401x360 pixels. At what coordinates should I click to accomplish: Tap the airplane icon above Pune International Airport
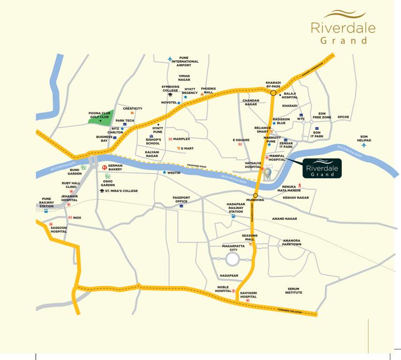tap(170, 59)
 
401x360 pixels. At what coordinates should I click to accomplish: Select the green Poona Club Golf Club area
tap(101, 119)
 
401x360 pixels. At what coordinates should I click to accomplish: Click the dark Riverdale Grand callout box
tap(322, 168)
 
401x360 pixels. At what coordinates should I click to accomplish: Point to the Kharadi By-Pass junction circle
tap(273, 93)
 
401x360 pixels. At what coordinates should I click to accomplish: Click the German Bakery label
tap(115, 167)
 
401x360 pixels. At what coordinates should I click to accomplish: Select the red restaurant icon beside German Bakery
tap(104, 166)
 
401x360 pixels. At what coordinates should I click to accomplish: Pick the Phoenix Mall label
tap(208, 90)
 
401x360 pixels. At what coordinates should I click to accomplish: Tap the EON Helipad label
tap(363, 138)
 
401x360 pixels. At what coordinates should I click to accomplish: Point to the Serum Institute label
tap(294, 291)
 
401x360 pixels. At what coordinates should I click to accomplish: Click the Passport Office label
tap(181, 199)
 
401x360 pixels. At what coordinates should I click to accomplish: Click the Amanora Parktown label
tap(292, 242)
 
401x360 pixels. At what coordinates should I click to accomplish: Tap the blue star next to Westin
tap(164, 172)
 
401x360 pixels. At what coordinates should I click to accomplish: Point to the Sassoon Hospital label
tap(59, 229)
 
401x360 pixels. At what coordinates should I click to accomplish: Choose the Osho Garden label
tap(107, 183)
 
